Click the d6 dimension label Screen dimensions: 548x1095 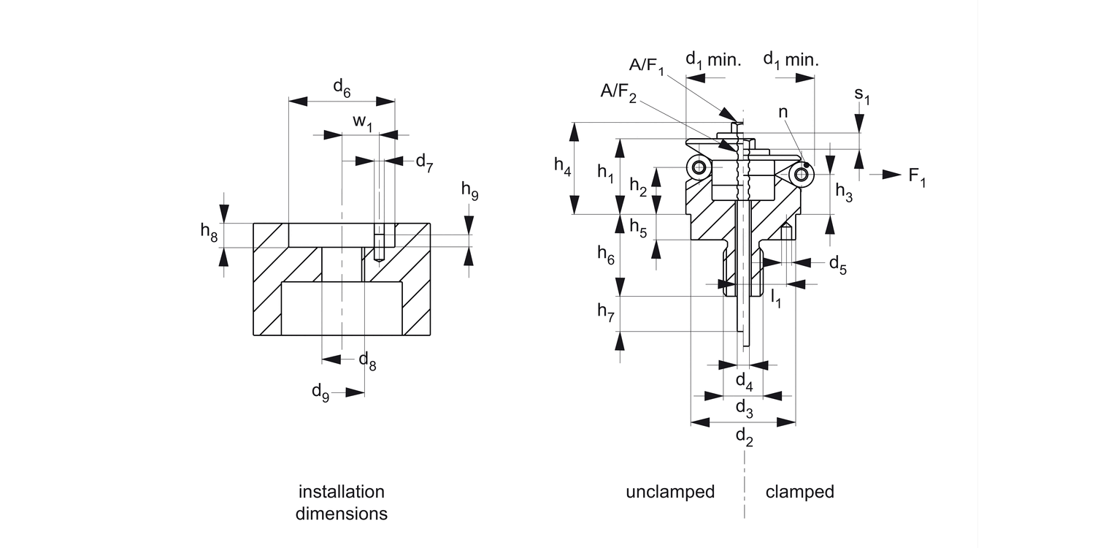point(342,88)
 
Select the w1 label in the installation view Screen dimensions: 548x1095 point(363,122)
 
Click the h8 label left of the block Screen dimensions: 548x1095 point(210,232)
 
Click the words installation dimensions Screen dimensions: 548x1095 point(342,502)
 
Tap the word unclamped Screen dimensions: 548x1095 point(669,492)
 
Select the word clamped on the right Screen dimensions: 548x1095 point(799,492)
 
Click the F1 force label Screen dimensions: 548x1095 point(917,177)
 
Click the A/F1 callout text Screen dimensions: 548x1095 point(647,66)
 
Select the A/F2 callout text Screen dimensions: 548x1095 point(618,91)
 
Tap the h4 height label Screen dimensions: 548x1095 point(562,167)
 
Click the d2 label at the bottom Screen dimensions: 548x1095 point(744,437)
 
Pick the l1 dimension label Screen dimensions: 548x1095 point(776,298)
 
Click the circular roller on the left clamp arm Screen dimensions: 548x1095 point(700,169)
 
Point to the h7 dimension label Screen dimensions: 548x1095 point(606,312)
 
